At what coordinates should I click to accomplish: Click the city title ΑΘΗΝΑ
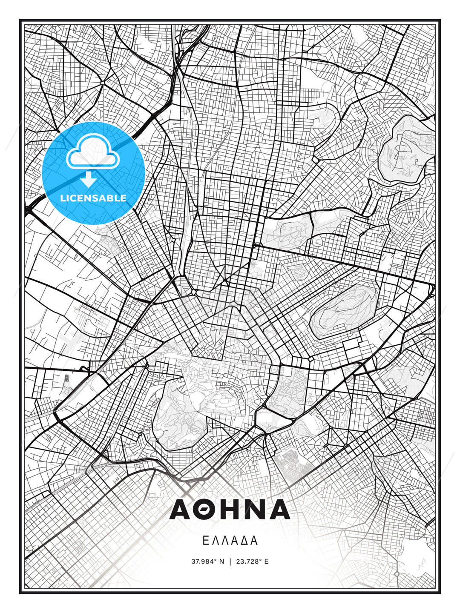pyautogui.click(x=230, y=510)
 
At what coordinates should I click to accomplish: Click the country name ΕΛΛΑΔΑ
pyautogui.click(x=230, y=541)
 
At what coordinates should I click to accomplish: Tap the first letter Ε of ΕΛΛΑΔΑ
pyautogui.click(x=206, y=541)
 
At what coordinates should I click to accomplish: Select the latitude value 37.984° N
pyautogui.click(x=207, y=561)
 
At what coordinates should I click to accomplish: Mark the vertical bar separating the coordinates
pyautogui.click(x=230, y=561)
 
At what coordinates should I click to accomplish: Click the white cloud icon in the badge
pyautogui.click(x=92, y=152)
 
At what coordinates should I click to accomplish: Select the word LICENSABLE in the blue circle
pyautogui.click(x=93, y=198)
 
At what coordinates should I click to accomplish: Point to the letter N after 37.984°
pyautogui.click(x=221, y=561)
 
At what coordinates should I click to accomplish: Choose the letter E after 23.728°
pyautogui.click(x=266, y=561)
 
